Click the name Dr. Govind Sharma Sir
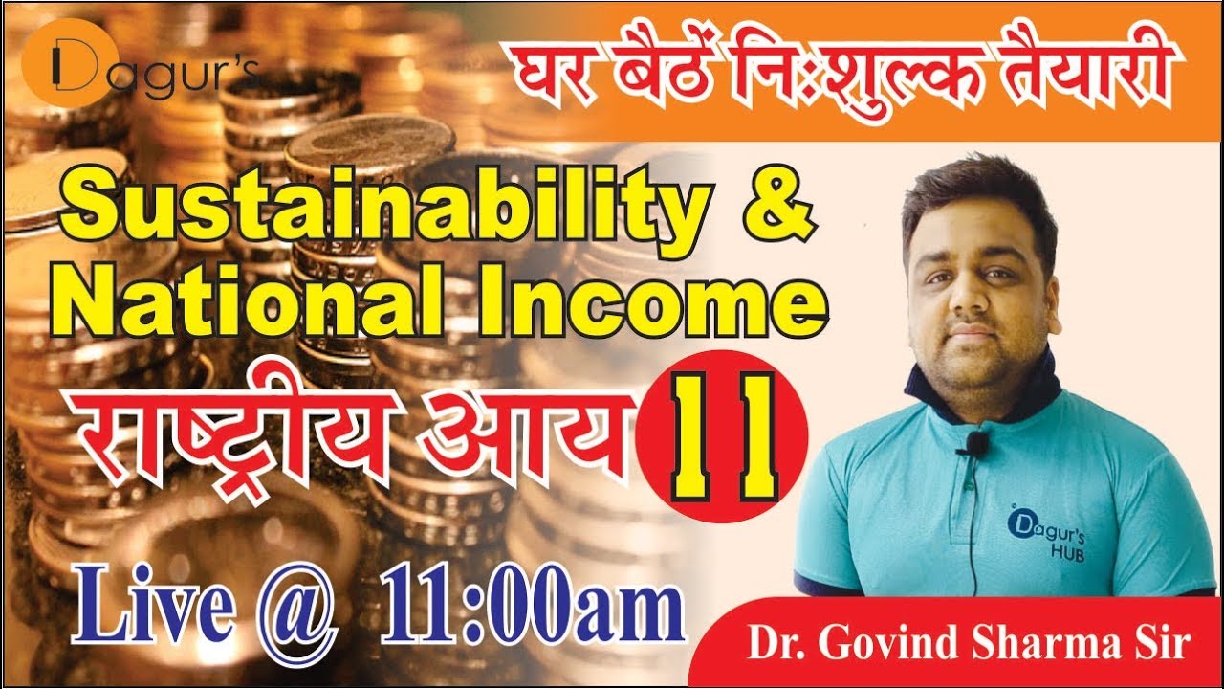[x=969, y=644]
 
